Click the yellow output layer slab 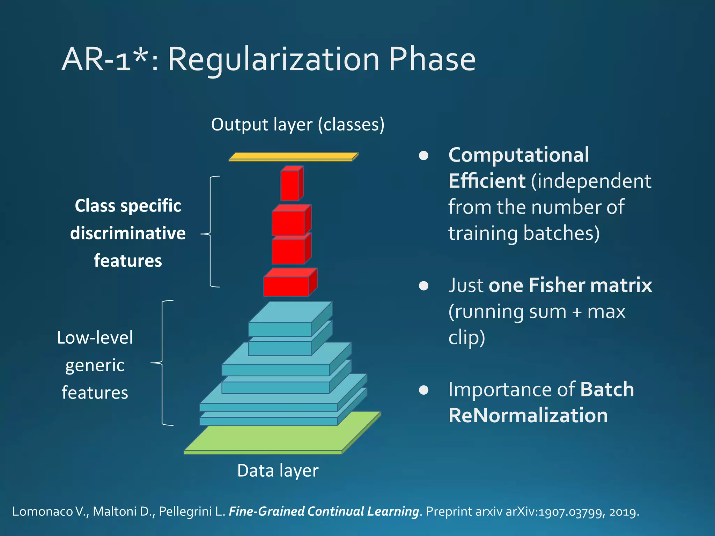(293, 156)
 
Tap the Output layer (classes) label (297, 125)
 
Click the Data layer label (278, 470)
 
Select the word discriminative (128, 233)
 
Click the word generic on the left (95, 365)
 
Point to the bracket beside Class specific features (211, 232)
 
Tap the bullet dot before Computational (423, 155)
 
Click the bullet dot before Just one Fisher (423, 286)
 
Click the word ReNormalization (528, 415)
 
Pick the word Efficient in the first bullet (487, 181)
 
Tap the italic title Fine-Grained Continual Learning (324, 511)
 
